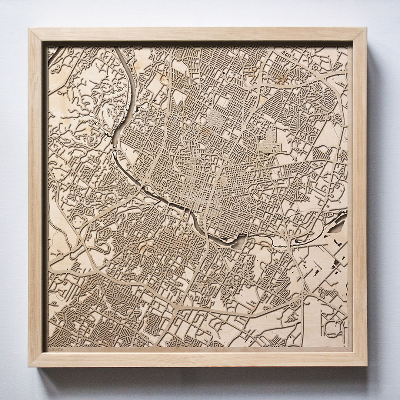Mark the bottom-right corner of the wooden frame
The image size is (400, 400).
pyautogui.click(x=366, y=365)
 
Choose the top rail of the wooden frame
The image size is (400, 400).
pyautogui.click(x=198, y=35)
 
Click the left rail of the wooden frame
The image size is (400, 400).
pyautogui.click(x=36, y=198)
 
